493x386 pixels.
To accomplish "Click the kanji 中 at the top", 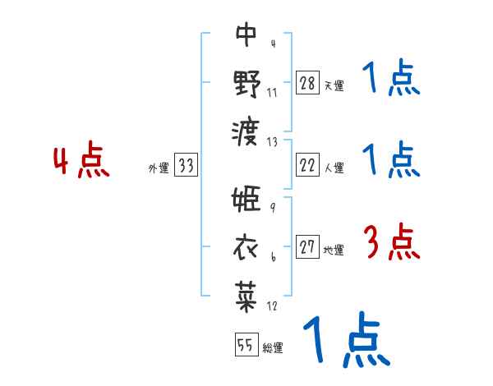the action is pos(246,35).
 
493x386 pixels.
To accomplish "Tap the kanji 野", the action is pos(246,83).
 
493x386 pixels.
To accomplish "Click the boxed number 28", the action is pos(307,84).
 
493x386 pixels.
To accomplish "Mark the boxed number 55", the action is pos(246,346).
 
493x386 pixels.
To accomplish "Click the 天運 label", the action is pos(334,85).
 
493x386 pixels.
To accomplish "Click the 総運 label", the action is pos(273,347).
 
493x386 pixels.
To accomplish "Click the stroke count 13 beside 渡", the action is pos(273,142).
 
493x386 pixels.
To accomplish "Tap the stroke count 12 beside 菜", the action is pos(273,306).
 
